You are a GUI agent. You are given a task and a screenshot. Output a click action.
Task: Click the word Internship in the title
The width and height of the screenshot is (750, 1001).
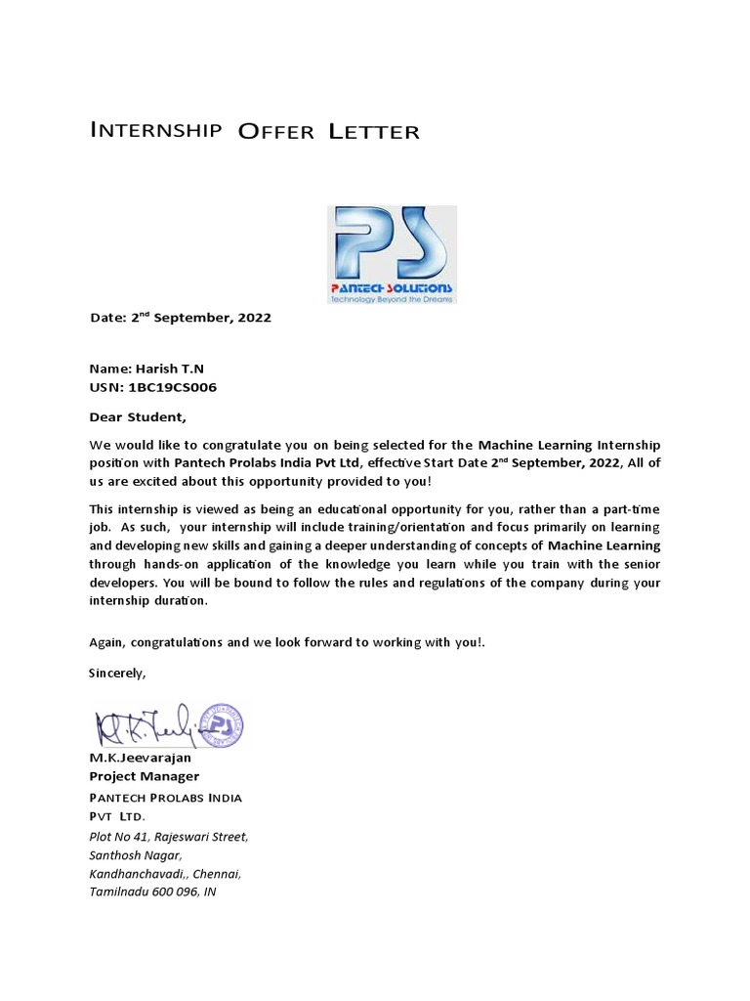[x=154, y=130]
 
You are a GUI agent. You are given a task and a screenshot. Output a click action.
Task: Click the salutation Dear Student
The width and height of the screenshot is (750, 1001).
[x=137, y=417]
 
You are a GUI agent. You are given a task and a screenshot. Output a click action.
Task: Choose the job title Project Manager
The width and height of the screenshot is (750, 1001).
[x=144, y=776]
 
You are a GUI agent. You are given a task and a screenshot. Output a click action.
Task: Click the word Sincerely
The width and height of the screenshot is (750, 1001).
[x=117, y=674]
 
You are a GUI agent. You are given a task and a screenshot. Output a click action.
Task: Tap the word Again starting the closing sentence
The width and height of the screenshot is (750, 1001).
[x=107, y=642]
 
